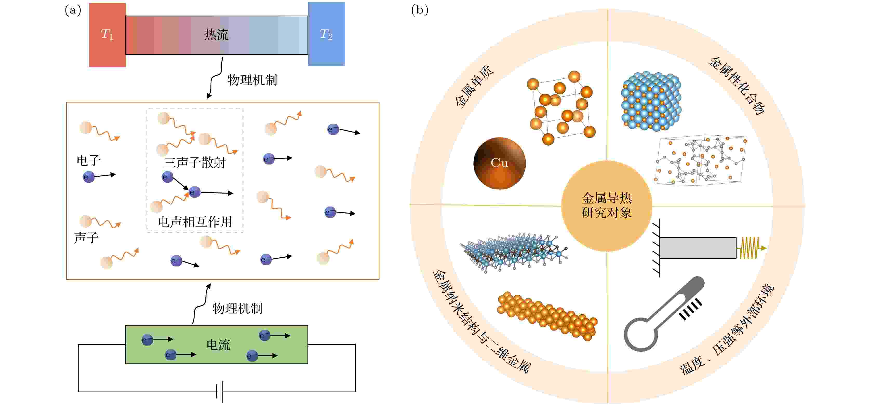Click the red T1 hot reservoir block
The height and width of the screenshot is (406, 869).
107,35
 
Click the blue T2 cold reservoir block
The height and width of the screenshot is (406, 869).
326,34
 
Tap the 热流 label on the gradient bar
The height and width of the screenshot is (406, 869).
216,34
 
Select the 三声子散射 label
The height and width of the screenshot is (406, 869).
195,162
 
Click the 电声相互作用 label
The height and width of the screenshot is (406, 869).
195,222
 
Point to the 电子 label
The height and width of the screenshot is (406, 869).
88,160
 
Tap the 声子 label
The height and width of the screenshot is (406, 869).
86,238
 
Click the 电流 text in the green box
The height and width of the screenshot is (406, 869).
218,345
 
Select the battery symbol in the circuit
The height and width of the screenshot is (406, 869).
220,391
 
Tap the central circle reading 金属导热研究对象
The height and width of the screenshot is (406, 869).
606,206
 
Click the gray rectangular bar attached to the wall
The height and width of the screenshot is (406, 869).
698,248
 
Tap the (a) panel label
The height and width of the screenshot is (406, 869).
73,10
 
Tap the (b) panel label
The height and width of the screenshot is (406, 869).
420,10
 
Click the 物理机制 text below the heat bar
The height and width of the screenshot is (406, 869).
252,80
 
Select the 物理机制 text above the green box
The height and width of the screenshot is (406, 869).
237,308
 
